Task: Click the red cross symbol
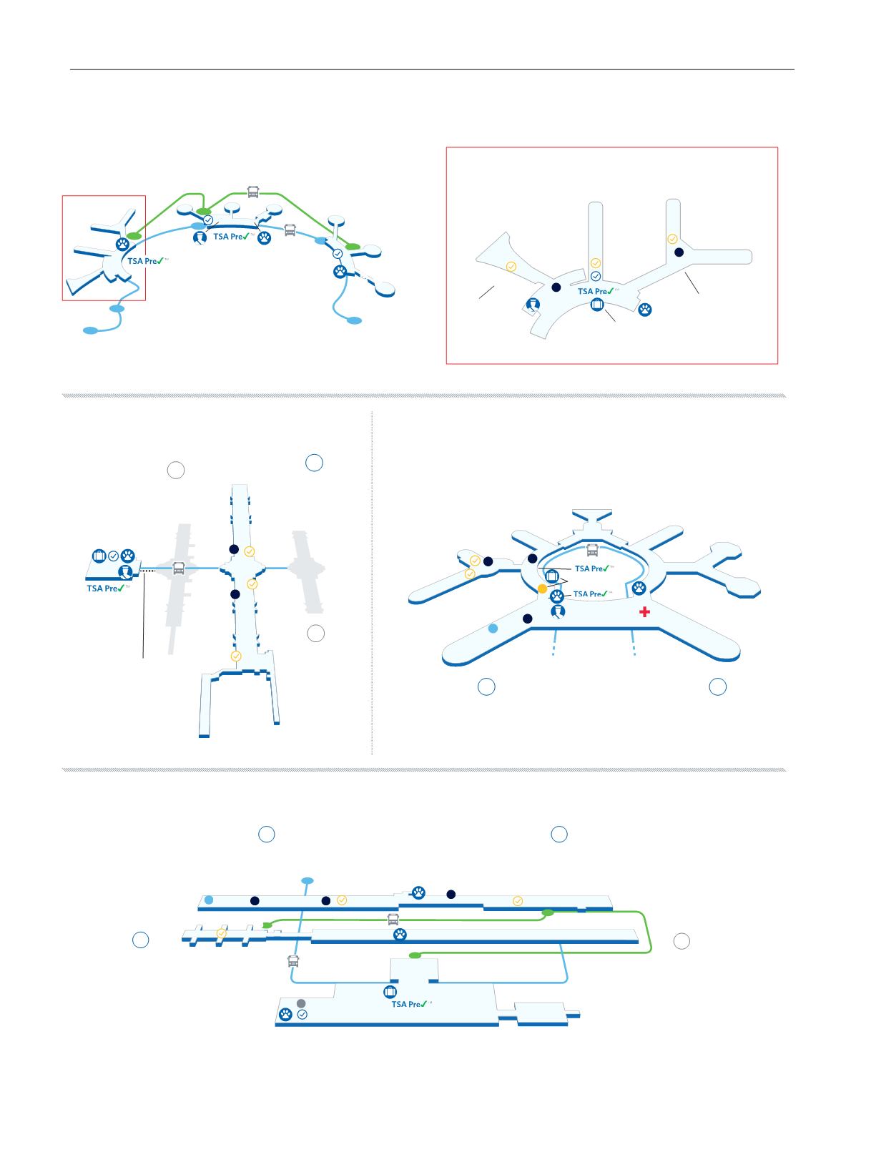click(644, 611)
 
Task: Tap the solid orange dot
click(542, 589)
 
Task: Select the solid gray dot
click(300, 1003)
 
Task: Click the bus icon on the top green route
click(253, 192)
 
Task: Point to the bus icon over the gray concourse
click(178, 568)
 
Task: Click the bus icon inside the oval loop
click(592, 549)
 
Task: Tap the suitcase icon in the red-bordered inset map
click(597, 304)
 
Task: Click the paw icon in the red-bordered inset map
click(645, 310)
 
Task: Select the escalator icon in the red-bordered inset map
click(533, 305)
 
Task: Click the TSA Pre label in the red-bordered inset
click(596, 291)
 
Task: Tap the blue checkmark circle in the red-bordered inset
click(596, 276)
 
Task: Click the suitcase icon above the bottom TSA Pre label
click(390, 991)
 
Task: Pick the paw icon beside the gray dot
click(285, 1014)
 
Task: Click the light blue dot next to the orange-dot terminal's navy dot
click(493, 629)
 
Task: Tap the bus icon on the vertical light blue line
click(293, 961)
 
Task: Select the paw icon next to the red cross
click(639, 588)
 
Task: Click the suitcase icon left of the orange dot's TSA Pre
click(551, 576)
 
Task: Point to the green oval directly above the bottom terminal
click(415, 955)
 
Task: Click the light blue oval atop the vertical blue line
click(307, 881)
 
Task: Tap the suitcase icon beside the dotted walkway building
click(99, 556)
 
